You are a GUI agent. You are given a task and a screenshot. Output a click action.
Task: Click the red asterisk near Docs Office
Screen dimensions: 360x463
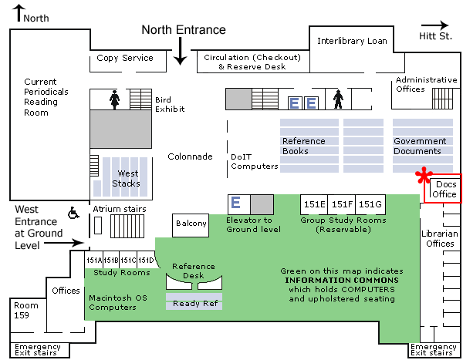tap(423, 177)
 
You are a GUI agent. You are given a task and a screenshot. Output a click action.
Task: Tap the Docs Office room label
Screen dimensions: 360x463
tap(444, 190)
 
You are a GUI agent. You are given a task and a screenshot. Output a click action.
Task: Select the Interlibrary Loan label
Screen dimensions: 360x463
tap(352, 41)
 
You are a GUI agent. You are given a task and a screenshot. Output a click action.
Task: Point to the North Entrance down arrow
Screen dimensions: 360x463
tap(180, 52)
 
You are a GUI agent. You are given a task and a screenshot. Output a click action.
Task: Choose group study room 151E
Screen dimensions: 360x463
tap(314, 204)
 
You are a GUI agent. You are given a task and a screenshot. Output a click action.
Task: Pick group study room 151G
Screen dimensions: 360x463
tap(370, 204)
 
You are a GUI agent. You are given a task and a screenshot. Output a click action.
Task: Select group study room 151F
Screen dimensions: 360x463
tap(342, 204)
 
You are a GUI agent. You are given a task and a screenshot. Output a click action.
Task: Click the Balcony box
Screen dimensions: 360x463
tap(191, 224)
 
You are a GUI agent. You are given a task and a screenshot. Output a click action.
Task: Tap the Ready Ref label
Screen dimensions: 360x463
tap(194, 304)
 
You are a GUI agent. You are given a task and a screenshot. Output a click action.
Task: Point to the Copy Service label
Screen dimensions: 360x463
tap(125, 58)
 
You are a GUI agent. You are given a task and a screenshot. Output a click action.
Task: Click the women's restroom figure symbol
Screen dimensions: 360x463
tap(115, 99)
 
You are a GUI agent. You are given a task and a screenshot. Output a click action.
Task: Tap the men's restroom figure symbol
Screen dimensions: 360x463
tap(337, 99)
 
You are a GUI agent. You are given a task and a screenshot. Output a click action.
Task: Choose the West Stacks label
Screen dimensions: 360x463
tap(127, 178)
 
